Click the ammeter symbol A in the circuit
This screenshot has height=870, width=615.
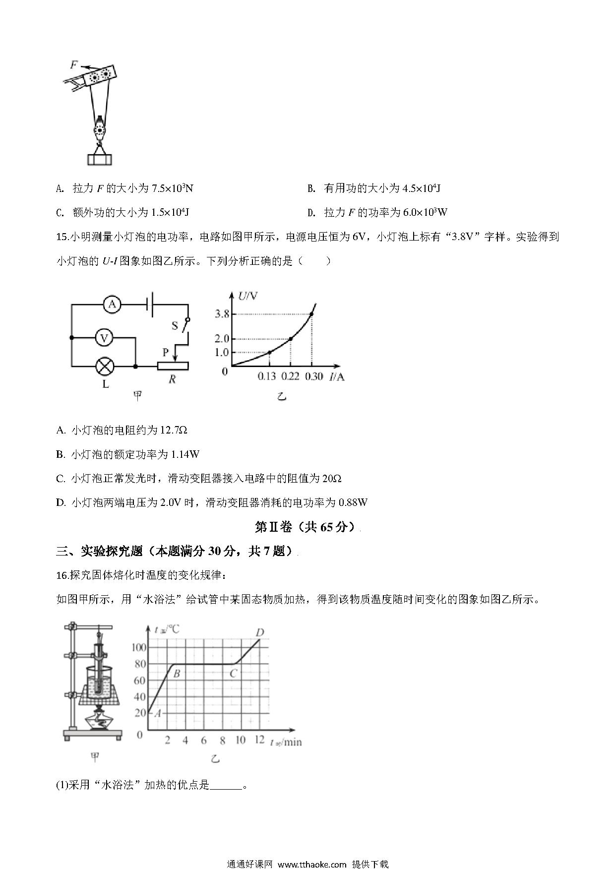tap(112, 304)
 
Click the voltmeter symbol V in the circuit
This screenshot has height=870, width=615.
tap(104, 338)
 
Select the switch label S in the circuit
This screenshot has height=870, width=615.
tap(175, 326)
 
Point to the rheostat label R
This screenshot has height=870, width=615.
tap(172, 379)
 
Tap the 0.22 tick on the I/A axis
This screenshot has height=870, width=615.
tap(290, 376)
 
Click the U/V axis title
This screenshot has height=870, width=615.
tap(248, 296)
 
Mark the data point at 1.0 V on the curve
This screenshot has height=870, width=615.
tap(269, 352)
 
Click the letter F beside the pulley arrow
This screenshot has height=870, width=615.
tap(73, 64)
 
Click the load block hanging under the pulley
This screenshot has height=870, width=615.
tap(100, 159)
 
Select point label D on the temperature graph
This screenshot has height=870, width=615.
tap(259, 632)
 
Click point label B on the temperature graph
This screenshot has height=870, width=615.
tap(176, 673)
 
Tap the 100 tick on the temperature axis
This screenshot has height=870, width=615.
tap(139, 647)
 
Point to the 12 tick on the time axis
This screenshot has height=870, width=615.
tap(259, 740)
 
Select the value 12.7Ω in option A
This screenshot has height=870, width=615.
tap(174, 430)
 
